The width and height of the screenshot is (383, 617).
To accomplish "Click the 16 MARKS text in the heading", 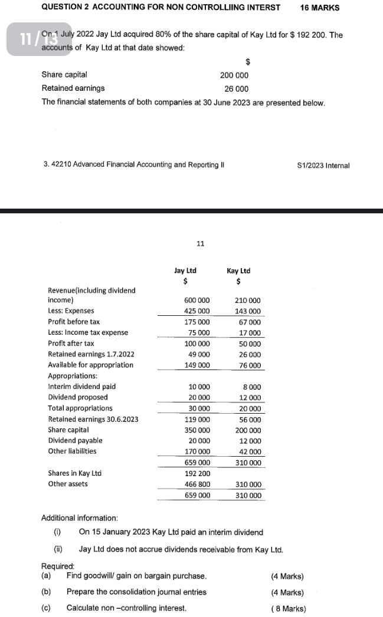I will (319, 8).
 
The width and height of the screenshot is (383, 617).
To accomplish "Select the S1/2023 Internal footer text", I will (324, 165).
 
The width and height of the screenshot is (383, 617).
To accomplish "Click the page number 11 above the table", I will (200, 243).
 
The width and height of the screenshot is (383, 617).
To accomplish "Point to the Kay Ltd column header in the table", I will (238, 271).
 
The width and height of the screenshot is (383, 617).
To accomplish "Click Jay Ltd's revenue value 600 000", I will (197, 301).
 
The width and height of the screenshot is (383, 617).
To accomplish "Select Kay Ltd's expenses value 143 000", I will (248, 311).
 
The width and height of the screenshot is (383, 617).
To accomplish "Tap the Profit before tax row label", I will (74, 322).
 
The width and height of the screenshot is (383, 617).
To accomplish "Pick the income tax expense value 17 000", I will (250, 333).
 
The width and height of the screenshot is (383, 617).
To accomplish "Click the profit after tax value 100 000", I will (197, 344).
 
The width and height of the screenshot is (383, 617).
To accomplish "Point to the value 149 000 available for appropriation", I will (197, 365).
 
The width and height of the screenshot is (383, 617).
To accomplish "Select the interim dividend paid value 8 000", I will (252, 387).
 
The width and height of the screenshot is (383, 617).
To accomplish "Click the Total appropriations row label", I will (80, 408).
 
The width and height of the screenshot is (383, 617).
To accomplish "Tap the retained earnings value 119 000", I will (197, 420).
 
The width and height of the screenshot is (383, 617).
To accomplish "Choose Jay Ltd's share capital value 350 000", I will (197, 430).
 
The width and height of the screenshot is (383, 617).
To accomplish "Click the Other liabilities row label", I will (72, 451).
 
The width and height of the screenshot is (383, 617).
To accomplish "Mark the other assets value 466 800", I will (197, 484).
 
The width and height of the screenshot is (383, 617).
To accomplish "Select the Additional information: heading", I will (80, 518).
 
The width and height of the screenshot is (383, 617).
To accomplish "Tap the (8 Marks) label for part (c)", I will (287, 608).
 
